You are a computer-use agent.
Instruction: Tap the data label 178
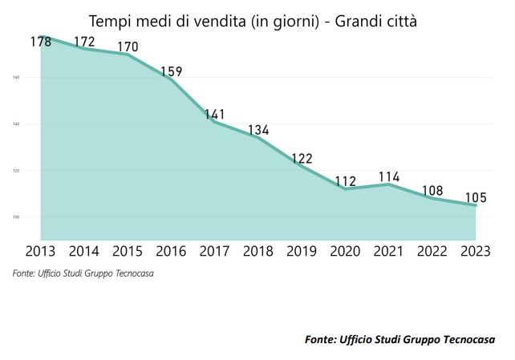(40, 42)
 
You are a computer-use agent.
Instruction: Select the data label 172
(84, 41)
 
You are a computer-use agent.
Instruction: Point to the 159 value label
(172, 71)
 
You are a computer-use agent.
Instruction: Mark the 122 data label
(302, 158)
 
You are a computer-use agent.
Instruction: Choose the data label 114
(389, 176)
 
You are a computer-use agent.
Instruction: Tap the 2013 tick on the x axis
(40, 252)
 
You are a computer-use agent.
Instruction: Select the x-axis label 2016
(171, 252)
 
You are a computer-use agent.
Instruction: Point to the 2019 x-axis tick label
(302, 252)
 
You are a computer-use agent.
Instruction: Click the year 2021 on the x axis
(389, 252)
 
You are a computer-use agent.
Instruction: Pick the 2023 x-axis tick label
(476, 252)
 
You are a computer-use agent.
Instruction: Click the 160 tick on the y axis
(16, 78)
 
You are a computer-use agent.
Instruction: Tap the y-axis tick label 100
(16, 217)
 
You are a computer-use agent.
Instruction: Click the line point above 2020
(346, 189)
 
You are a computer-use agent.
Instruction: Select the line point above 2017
(215, 122)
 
